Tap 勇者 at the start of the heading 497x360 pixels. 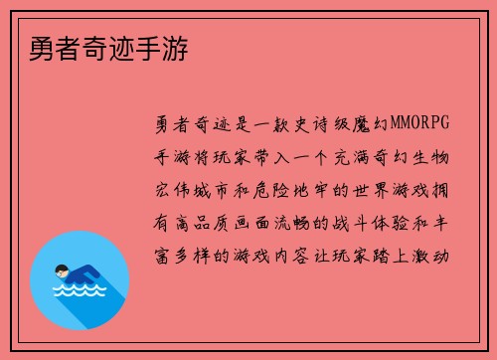point(41,47)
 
